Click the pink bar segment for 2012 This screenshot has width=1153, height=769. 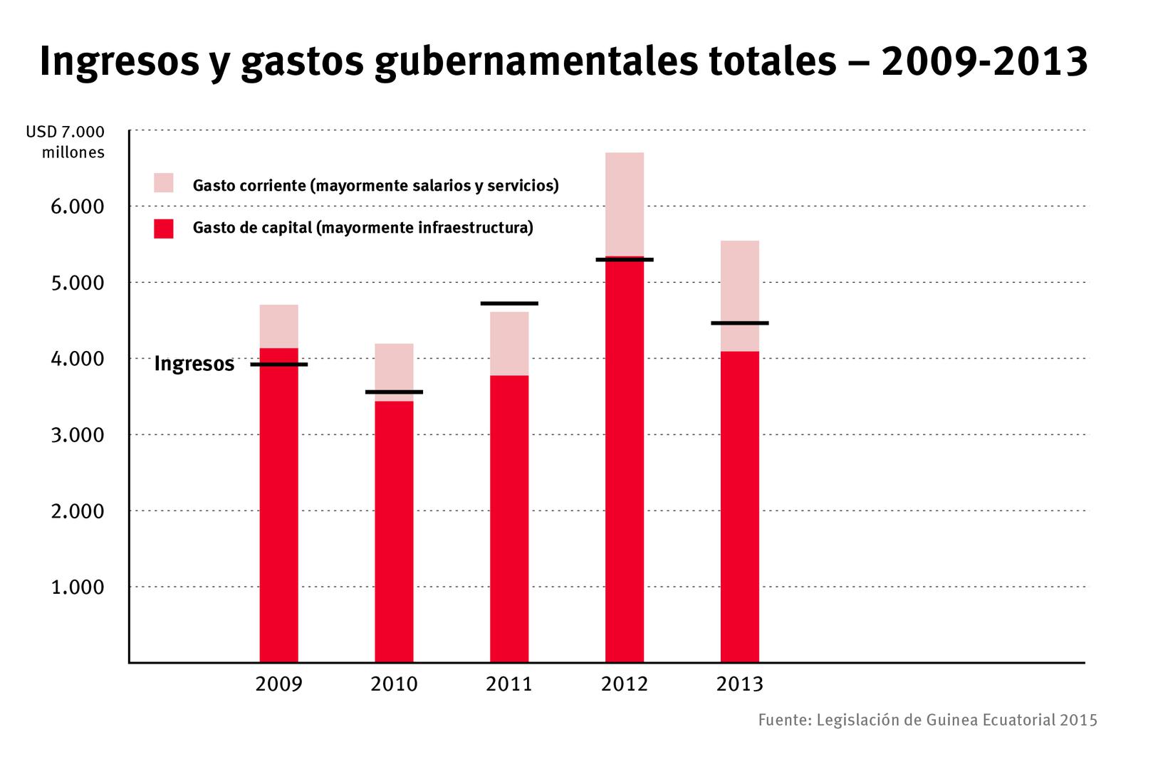click(x=625, y=204)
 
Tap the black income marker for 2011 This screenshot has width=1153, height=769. click(x=509, y=303)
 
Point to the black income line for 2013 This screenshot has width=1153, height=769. click(x=740, y=323)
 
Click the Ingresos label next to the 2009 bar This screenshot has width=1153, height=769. click(x=194, y=364)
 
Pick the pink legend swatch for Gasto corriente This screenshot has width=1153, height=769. click(x=164, y=183)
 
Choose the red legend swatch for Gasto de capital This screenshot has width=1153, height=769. click(x=164, y=229)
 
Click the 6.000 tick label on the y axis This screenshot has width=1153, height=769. click(x=78, y=207)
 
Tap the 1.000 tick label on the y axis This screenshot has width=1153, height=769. click(x=78, y=587)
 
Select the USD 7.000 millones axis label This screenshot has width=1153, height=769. click(x=66, y=142)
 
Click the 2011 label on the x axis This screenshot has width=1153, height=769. click(x=509, y=684)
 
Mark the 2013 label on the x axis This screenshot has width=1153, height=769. click(x=739, y=684)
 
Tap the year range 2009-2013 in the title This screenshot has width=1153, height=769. click(x=984, y=62)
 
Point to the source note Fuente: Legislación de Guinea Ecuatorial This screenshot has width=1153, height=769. click(x=927, y=720)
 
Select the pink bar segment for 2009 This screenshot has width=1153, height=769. click(x=278, y=326)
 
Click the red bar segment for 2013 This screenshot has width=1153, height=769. click(x=740, y=506)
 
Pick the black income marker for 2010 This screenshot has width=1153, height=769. click(x=394, y=392)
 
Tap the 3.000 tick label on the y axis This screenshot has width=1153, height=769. click(x=78, y=435)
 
